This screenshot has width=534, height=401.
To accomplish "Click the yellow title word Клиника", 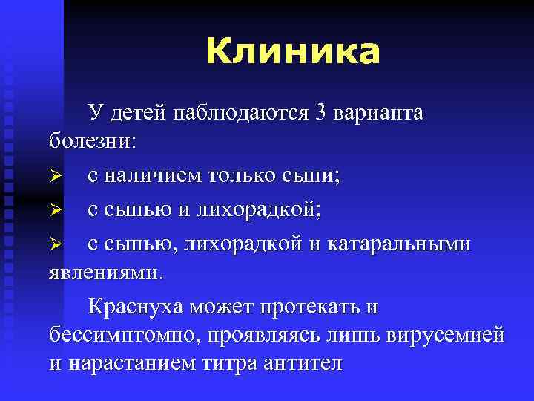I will coord(292,53).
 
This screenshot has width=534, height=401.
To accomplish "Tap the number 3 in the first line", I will coord(320,113).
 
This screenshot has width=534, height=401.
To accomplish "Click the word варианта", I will coord(379,113).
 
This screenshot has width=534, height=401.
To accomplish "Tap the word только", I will coord(242,177).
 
